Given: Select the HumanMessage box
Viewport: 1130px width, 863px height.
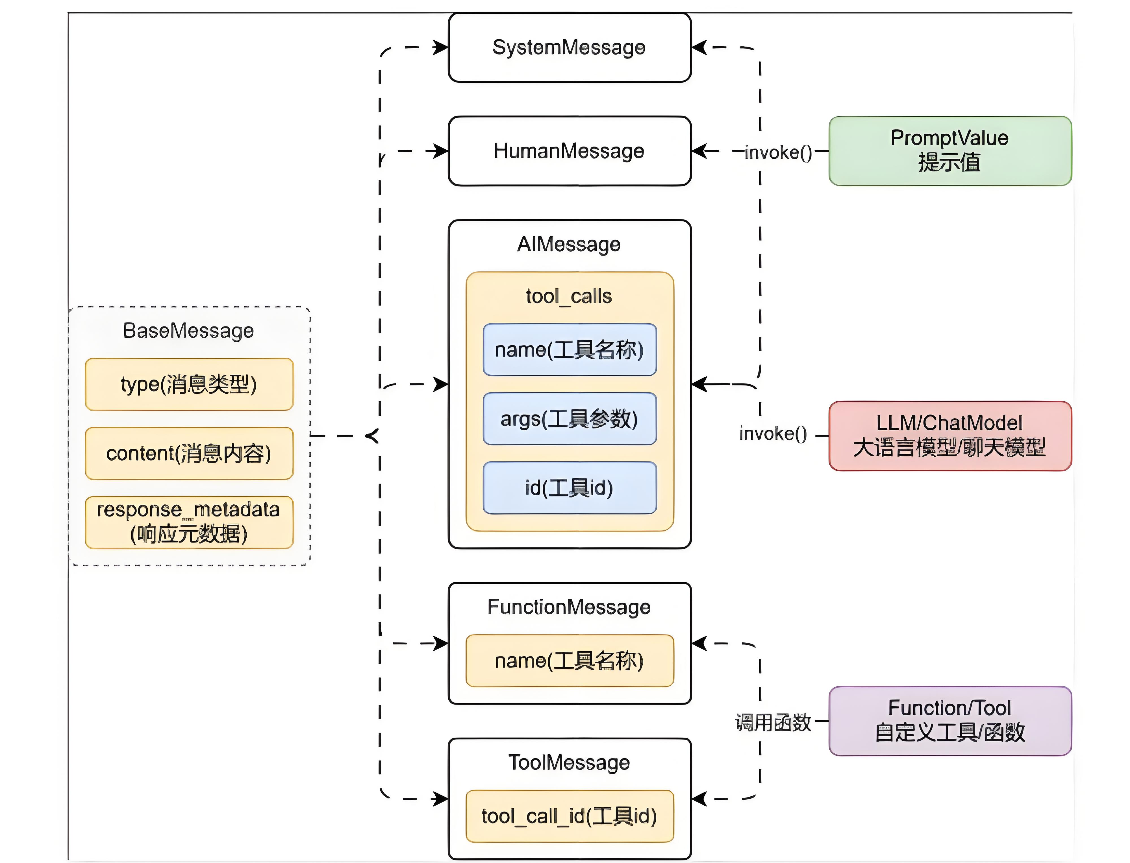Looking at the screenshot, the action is (569, 151).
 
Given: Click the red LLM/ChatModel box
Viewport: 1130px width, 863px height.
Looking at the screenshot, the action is (950, 436).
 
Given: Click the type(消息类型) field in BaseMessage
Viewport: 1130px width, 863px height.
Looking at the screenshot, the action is (189, 384).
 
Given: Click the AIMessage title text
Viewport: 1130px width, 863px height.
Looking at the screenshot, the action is (569, 245).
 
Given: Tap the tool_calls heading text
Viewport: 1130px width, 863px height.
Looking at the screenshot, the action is (569, 297).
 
